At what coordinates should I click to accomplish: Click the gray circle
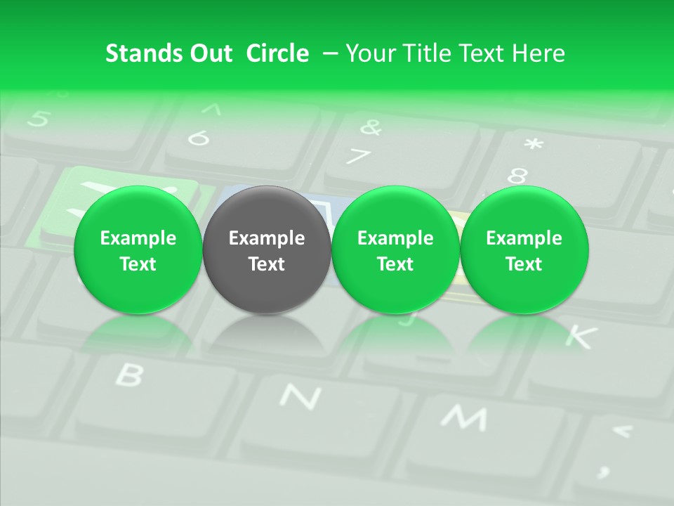(x=267, y=249)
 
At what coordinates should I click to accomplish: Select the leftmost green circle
(x=138, y=249)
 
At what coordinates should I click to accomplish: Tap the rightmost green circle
(x=524, y=249)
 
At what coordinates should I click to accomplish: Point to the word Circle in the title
(x=277, y=53)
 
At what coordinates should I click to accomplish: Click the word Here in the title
(x=537, y=53)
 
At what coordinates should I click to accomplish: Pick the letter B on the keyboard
(x=128, y=375)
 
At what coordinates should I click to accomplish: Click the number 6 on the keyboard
(x=200, y=138)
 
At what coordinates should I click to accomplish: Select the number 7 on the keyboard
(x=359, y=156)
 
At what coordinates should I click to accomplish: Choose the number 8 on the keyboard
(x=517, y=176)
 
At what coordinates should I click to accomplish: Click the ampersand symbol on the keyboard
(x=370, y=127)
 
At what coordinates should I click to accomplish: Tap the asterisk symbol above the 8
(x=534, y=145)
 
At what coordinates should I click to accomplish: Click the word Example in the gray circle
(x=267, y=238)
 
